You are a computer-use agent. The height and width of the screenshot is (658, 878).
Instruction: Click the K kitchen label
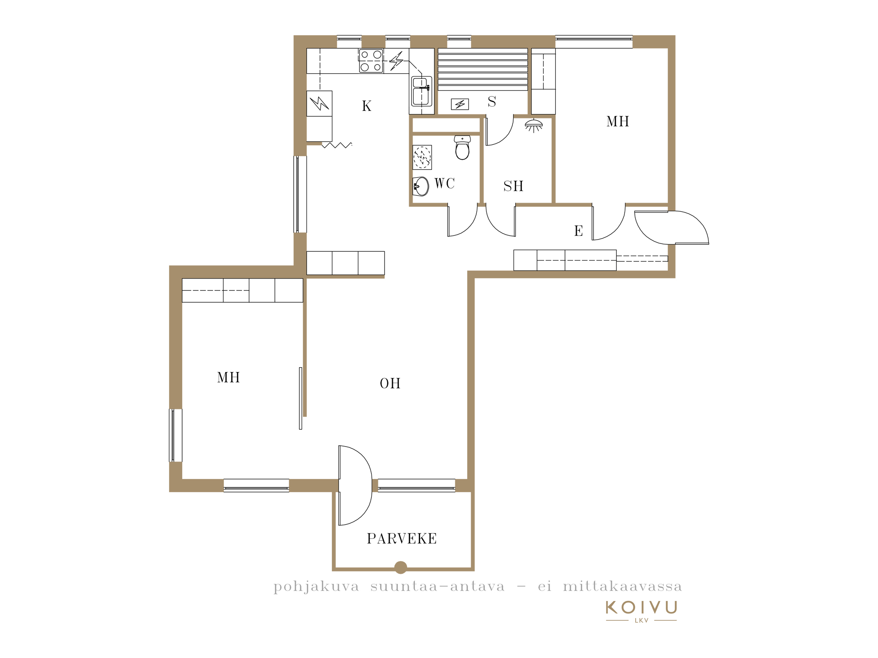click(x=367, y=106)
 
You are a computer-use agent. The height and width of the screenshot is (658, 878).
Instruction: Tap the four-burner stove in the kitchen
click(x=371, y=61)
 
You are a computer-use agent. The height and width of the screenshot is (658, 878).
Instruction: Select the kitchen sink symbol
click(x=421, y=91)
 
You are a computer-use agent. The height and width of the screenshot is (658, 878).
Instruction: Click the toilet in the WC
click(x=462, y=147)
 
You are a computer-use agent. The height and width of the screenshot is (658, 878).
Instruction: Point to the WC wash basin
click(x=421, y=186)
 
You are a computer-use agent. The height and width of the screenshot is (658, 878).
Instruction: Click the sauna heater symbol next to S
click(x=460, y=104)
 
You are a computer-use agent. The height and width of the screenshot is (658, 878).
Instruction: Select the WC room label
click(x=445, y=183)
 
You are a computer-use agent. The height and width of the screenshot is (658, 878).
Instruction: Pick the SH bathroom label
click(x=514, y=186)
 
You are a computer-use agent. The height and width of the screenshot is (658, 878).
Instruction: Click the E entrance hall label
click(x=579, y=231)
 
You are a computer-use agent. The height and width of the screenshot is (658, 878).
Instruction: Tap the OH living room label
click(x=390, y=383)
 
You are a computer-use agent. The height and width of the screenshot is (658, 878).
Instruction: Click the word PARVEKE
click(x=402, y=539)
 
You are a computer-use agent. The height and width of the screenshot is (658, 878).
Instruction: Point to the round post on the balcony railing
click(x=400, y=568)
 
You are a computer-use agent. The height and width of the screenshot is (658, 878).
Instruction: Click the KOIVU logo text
click(x=641, y=608)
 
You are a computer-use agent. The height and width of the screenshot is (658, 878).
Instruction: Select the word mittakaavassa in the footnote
click(x=622, y=586)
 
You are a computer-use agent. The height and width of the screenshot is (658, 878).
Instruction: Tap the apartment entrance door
click(x=672, y=228)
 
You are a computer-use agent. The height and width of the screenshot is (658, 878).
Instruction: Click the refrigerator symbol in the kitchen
click(x=319, y=104)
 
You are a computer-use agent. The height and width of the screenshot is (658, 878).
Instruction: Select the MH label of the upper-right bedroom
click(x=618, y=122)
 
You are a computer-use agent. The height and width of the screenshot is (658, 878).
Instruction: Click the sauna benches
click(x=483, y=69)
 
